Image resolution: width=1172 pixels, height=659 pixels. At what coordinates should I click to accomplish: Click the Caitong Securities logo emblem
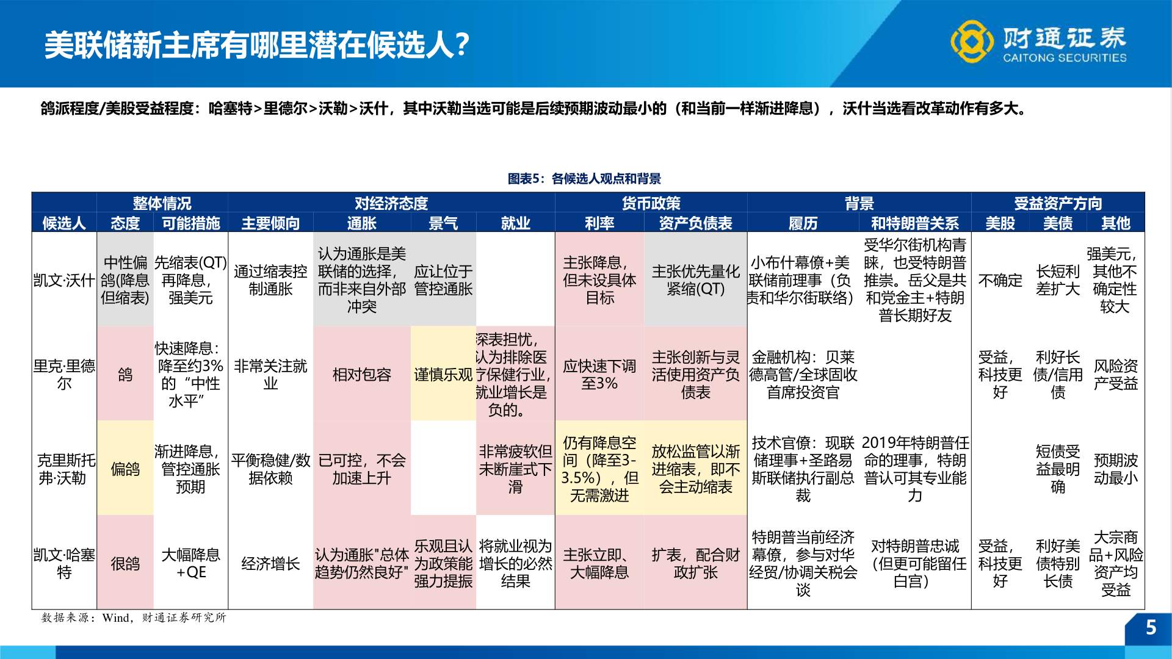coord(971,41)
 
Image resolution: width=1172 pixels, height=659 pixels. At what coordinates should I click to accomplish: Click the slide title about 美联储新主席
coord(256,45)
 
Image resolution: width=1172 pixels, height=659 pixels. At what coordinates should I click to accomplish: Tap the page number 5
coord(1151,627)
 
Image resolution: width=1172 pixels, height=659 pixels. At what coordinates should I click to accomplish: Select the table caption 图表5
coord(584,179)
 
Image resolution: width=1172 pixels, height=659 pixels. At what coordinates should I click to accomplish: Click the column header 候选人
coord(64,223)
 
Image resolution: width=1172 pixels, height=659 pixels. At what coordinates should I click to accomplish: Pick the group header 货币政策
coord(651,203)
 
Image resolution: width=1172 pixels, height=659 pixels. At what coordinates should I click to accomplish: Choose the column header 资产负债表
coord(695,223)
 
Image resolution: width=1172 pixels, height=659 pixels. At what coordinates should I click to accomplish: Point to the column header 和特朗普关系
coord(914,223)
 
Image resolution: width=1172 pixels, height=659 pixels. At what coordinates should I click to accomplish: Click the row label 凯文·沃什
coord(64,280)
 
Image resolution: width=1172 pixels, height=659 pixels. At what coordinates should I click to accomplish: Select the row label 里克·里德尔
coord(64,374)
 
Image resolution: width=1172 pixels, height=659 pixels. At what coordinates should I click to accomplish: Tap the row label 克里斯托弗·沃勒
coord(64,469)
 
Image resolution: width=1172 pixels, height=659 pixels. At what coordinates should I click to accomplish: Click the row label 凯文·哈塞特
coord(64,563)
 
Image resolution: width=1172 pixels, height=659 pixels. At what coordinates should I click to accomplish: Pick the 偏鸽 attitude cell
coord(125,469)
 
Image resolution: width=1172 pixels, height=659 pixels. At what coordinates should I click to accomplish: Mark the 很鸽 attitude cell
coord(125,563)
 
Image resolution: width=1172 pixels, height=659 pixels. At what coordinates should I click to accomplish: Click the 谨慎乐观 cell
coord(443,374)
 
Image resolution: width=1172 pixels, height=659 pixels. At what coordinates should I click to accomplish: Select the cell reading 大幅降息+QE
coord(190,563)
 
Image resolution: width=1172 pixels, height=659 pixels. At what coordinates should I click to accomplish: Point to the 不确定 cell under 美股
coord(1000,280)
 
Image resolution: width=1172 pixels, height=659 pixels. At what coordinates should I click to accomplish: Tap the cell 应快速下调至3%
coord(599,374)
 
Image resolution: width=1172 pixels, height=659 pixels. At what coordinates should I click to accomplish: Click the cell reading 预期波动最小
coord(1115,469)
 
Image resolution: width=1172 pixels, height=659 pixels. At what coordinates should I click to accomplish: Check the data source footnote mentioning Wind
coord(134,618)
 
